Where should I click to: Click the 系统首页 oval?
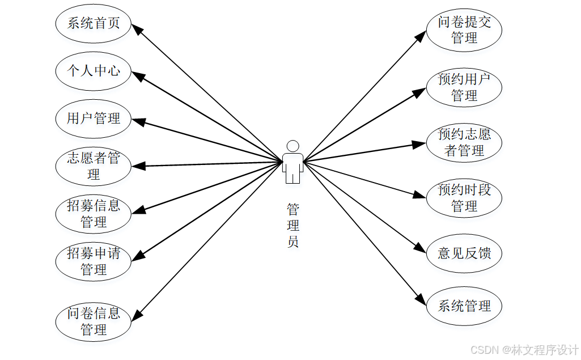[x=94, y=24]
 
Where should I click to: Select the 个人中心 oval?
[x=94, y=71]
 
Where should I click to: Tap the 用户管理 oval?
[x=94, y=119]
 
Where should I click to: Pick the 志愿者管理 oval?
[x=94, y=166]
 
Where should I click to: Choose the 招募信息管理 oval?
[x=94, y=214]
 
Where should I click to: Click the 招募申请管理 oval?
[x=94, y=261]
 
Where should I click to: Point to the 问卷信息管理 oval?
[x=94, y=321]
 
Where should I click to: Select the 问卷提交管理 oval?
[x=464, y=30]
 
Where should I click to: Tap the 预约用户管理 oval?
[x=464, y=87]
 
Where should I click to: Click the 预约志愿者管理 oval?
[x=464, y=142]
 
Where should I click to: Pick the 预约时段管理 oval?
[x=464, y=198]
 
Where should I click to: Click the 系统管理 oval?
[x=464, y=306]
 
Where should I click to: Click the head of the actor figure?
[x=292, y=146]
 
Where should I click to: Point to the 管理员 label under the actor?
[x=292, y=225]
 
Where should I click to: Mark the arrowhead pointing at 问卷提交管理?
[x=420, y=36]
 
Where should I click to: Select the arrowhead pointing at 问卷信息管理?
[x=137, y=316]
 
